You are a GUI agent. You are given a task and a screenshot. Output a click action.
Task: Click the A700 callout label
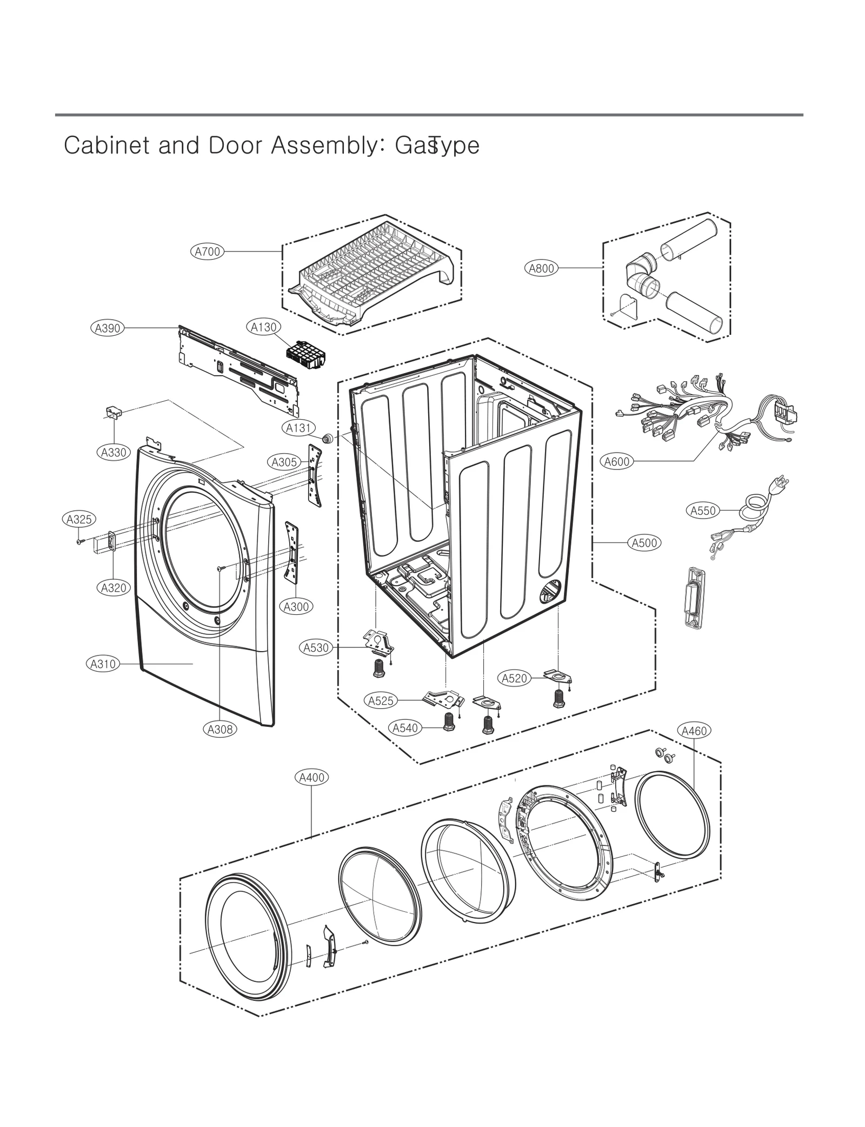tap(208, 251)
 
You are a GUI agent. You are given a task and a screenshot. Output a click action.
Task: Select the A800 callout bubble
tap(541, 268)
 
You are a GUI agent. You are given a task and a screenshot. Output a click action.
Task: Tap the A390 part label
tap(107, 328)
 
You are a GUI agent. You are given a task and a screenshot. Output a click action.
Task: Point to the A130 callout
tap(264, 327)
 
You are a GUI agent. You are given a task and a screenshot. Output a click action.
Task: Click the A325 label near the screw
tap(78, 520)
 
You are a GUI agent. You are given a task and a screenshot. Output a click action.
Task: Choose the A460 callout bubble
tap(694, 731)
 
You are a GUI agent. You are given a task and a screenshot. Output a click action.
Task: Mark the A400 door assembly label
tap(312, 778)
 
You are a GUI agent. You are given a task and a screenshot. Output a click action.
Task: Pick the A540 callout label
tap(405, 728)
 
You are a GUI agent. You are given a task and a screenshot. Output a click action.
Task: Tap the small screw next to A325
tap(79, 541)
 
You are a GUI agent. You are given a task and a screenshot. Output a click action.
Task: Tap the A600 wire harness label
tap(617, 462)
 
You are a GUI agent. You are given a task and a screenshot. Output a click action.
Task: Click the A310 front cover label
tap(103, 664)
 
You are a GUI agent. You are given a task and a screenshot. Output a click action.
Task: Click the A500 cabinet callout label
tap(644, 542)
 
